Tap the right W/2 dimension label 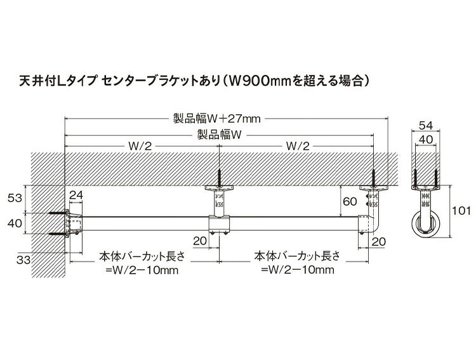tap(297, 146)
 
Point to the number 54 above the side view tap(426, 125)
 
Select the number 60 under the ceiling tap(350, 201)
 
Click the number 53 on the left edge tap(13, 199)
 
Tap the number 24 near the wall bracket tap(76, 195)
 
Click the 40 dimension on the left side tap(13, 223)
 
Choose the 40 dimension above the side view tap(426, 138)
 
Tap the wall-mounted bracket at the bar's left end tap(72, 223)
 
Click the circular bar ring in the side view tap(425, 224)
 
